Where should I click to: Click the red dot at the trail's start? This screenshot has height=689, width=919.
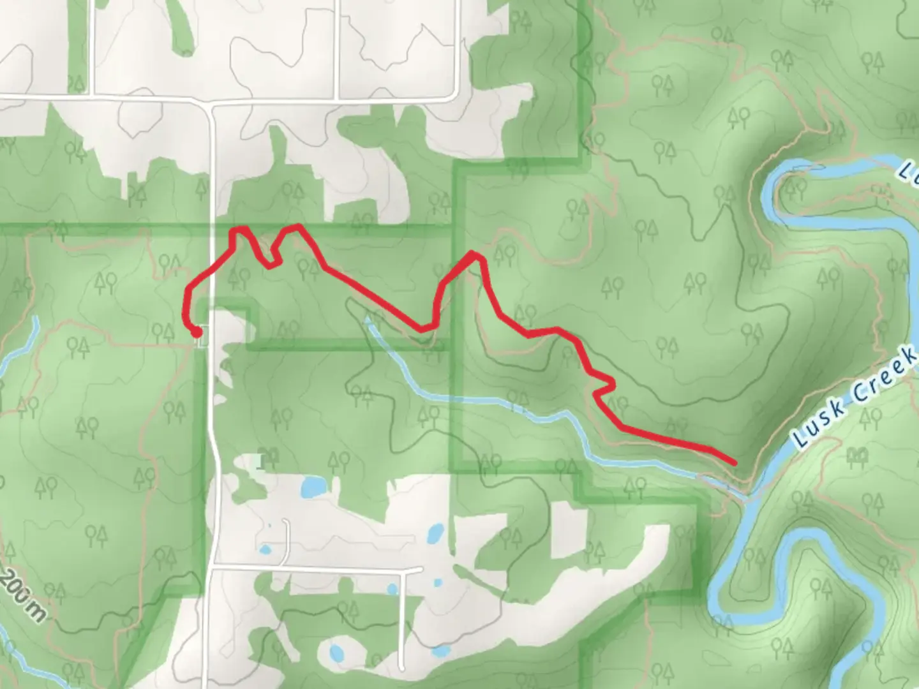197,332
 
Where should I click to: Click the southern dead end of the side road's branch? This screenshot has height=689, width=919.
401,661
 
